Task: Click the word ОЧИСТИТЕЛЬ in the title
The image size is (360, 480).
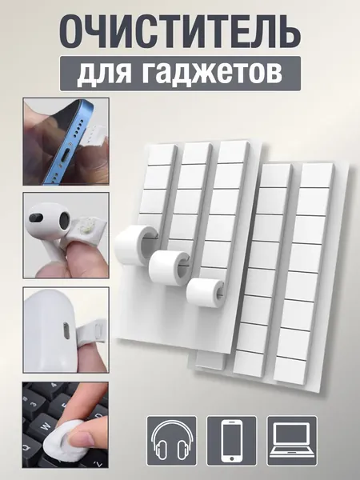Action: tap(180, 32)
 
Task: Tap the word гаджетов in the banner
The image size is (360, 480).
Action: tap(212, 74)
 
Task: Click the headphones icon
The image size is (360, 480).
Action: tap(172, 441)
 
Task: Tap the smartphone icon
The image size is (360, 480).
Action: tap(232, 441)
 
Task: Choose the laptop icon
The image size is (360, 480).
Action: tap(292, 440)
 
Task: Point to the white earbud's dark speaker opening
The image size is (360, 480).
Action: tap(66, 220)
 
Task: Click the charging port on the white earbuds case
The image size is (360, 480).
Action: tap(66, 330)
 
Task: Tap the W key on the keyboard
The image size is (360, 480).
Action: tap(45, 427)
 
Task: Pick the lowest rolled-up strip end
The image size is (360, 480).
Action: tap(205, 292)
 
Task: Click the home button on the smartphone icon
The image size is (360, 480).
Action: tap(232, 458)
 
